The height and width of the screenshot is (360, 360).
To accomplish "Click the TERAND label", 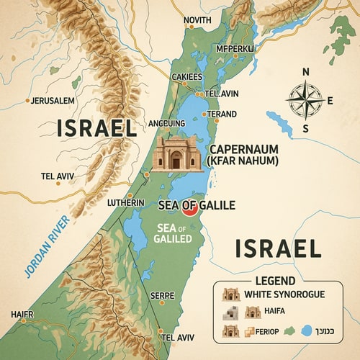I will (x=222, y=114).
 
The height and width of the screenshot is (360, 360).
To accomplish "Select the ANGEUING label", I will (x=166, y=124).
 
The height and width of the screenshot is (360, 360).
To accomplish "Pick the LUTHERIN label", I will (x=127, y=203).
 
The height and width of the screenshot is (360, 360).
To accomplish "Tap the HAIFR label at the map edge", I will (x=22, y=314).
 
